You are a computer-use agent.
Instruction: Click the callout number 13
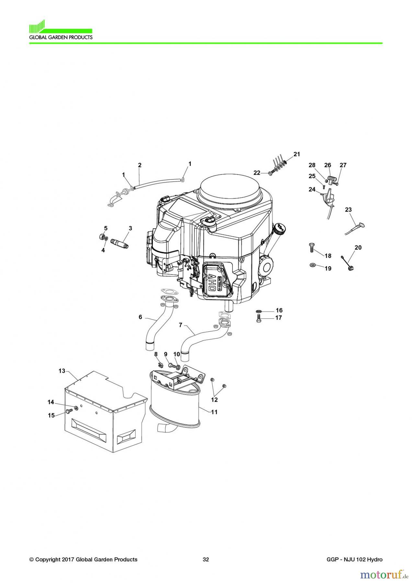[62, 371]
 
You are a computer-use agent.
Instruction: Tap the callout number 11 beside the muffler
[214, 412]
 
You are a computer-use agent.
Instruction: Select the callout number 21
[297, 154]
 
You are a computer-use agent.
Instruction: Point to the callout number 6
[140, 317]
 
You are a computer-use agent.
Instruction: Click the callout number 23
[348, 210]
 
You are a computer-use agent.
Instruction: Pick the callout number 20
[358, 247]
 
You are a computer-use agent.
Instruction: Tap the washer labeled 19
[313, 265]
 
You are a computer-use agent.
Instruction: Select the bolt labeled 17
[258, 318]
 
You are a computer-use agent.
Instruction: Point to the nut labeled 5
[101, 237]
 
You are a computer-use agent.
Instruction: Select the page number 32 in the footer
[206, 559]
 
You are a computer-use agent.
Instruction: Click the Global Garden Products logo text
[61, 37]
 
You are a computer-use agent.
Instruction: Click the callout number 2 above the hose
[140, 165]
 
